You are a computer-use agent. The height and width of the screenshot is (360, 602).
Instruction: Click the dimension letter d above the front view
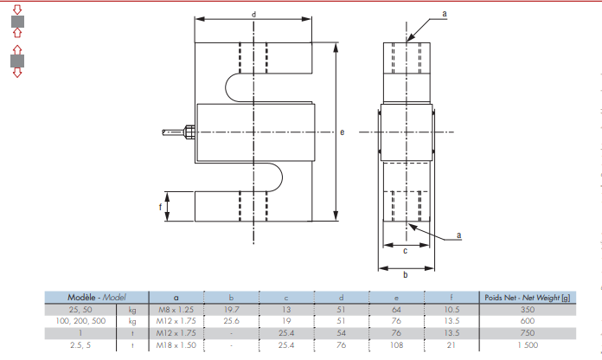(x=253, y=15)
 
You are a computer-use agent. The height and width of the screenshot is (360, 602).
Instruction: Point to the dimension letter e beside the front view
(x=343, y=132)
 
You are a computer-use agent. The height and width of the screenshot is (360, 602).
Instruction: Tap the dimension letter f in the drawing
(x=160, y=207)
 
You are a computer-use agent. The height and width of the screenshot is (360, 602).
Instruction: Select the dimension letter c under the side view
(x=405, y=251)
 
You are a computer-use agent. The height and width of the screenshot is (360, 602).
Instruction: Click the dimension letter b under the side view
(x=405, y=275)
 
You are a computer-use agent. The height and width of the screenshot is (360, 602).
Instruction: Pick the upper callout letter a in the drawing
(x=444, y=15)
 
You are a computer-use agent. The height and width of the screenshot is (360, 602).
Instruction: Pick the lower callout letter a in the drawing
(x=458, y=235)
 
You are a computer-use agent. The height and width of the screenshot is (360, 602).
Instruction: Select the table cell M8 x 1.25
(x=176, y=308)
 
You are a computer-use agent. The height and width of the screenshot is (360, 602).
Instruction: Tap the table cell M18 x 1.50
(x=176, y=344)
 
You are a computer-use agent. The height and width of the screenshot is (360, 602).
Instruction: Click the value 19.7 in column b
(x=231, y=308)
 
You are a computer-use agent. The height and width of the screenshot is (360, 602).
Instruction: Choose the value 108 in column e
(x=396, y=344)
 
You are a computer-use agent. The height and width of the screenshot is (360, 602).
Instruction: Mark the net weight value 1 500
(x=527, y=344)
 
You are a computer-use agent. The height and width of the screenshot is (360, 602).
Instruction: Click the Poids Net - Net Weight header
(x=527, y=297)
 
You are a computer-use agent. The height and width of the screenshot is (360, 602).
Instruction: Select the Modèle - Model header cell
(x=97, y=297)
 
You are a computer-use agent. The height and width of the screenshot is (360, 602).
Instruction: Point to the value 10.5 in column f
(x=451, y=308)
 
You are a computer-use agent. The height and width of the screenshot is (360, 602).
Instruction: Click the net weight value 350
(x=527, y=308)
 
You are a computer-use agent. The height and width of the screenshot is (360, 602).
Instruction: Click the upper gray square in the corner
(x=16, y=21)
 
